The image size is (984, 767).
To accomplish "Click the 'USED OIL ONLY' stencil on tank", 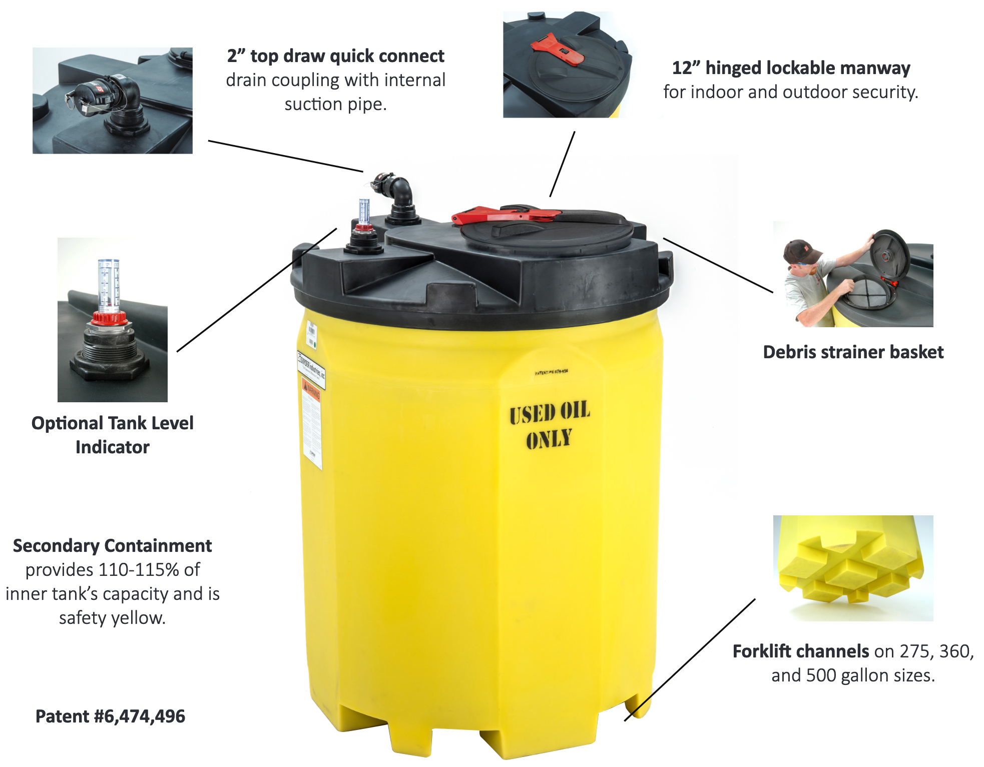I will tap(549, 425).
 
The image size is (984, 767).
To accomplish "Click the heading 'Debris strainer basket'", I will tap(853, 352).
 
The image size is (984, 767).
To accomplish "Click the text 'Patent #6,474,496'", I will tap(110, 716).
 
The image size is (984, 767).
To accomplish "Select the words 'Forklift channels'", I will tap(800, 651).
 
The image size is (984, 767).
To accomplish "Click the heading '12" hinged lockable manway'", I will tap(790, 68).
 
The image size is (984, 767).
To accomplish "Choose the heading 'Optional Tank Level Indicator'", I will tap(112, 435).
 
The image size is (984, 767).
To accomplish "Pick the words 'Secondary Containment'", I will tap(112, 545).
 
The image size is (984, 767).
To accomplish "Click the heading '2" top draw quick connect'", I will tap(335, 56).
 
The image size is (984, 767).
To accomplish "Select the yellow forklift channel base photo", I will tap(853, 568).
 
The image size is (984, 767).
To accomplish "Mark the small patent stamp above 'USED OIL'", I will tap(551, 372).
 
